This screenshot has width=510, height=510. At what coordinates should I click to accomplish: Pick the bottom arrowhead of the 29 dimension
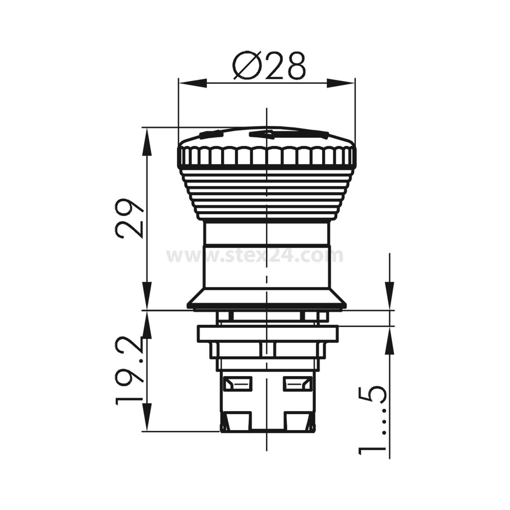click(147, 296)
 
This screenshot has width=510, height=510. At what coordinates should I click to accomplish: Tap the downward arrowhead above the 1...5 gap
click(390, 296)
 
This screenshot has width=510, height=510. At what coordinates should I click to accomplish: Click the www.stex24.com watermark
click(255, 256)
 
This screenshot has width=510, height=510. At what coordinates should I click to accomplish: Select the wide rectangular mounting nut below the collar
click(267, 334)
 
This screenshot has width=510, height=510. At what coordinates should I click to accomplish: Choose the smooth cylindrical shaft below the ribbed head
click(267, 255)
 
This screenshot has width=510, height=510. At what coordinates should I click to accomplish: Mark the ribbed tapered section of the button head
click(267, 194)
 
